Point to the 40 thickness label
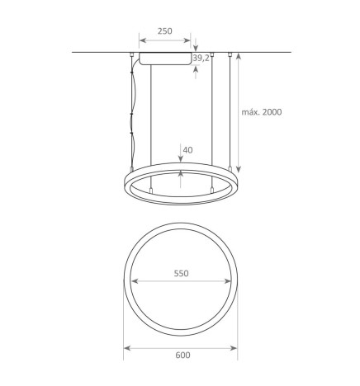coord(188,150)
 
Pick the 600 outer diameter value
coord(182,355)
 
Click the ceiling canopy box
coord(165,59)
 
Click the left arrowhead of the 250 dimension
coord(140,40)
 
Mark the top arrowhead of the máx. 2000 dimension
coord(239,56)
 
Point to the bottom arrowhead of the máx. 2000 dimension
coord(239,167)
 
